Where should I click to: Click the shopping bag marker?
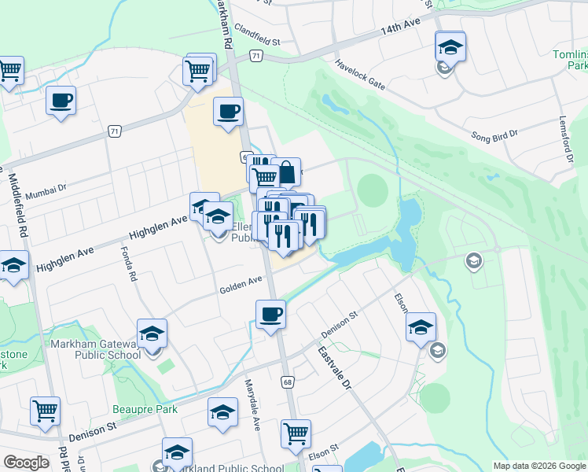coord(286,171)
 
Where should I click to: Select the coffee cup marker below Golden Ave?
coord(270,315)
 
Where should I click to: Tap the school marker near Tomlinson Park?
coord(450,46)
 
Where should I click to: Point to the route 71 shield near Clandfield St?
coord(256,56)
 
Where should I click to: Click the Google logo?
coord(26,463)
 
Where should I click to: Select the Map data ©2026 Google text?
coord(538,465)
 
